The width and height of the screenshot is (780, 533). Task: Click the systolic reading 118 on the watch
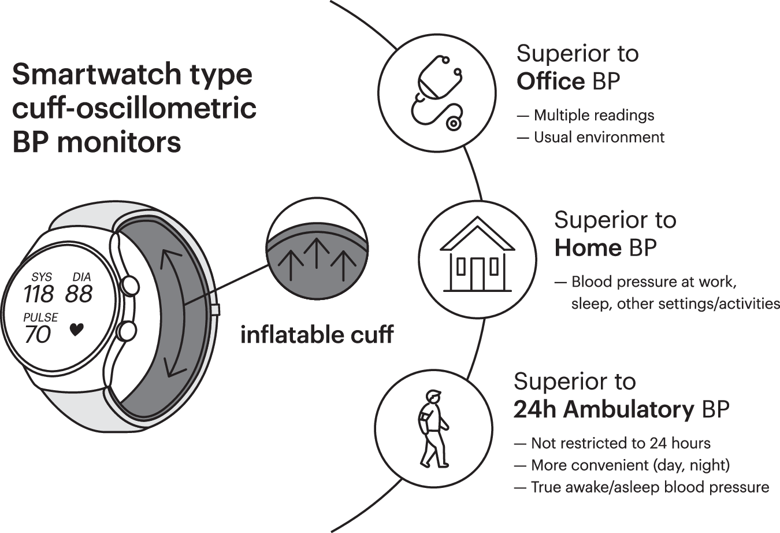[39, 294]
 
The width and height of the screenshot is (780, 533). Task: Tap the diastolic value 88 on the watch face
[79, 294]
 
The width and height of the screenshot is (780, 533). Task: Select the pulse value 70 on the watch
[38, 335]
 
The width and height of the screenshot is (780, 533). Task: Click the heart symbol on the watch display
[76, 330]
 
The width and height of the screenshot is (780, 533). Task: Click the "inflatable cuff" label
[317, 335]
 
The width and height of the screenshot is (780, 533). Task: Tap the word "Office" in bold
[551, 82]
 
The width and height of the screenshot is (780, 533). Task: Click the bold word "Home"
[588, 248]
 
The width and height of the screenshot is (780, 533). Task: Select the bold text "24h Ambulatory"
[604, 409]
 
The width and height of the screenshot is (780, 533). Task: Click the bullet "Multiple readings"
[593, 115]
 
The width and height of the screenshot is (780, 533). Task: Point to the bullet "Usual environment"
[599, 137]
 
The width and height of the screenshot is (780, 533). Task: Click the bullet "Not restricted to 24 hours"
[620, 443]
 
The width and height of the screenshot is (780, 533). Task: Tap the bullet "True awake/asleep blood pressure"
[649, 487]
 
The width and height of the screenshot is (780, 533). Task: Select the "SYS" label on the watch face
[42, 277]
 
